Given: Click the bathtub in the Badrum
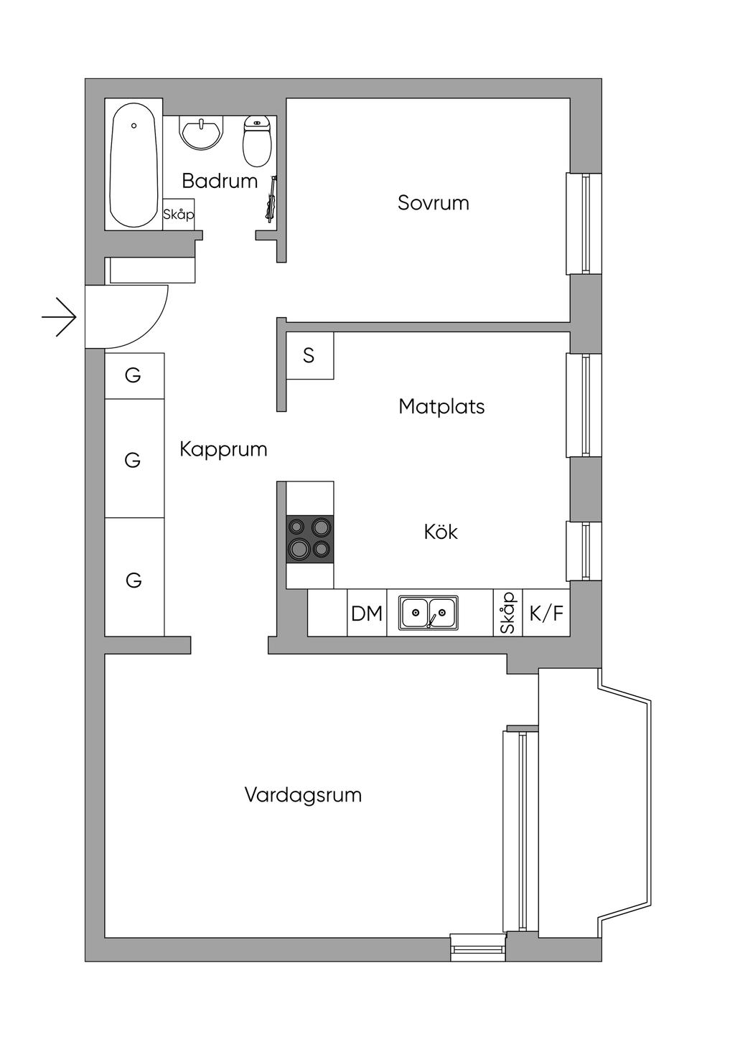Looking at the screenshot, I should [134, 165].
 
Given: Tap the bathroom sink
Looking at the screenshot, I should [202, 132].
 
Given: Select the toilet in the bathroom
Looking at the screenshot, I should [257, 140].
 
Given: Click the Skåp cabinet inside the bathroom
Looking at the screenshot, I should [179, 215].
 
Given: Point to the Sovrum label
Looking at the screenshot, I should [434, 203].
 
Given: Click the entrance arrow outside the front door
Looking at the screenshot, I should [60, 316].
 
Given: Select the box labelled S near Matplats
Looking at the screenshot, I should [309, 356].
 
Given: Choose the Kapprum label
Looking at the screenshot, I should [223, 449].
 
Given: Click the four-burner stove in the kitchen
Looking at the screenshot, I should [310, 539].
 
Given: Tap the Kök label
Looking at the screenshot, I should [441, 532].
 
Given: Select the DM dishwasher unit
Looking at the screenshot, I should [367, 613].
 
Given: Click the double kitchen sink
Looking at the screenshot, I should [429, 613].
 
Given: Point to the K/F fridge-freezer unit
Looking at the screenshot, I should [546, 613].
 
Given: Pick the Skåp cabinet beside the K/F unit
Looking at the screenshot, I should [508, 613].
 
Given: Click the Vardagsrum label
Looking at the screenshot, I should [303, 795].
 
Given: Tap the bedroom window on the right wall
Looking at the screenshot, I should [585, 223].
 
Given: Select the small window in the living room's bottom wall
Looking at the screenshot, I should [479, 948].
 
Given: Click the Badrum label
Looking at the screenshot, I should [220, 181].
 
